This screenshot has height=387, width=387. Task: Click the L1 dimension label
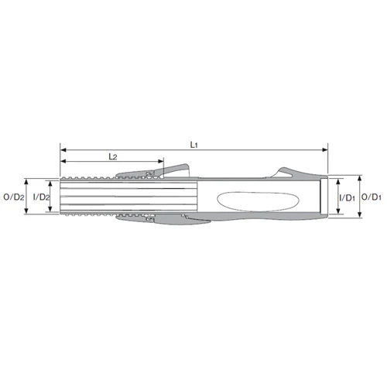tap(193, 145)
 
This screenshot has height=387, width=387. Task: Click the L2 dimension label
tap(113, 156)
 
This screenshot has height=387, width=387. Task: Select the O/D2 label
tap(14, 197)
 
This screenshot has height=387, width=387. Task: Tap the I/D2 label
tap(41, 197)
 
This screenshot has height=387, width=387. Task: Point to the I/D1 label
tap(348, 198)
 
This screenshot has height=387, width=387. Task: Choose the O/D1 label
tap(372, 197)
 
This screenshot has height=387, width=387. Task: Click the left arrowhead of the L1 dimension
tap(63, 149)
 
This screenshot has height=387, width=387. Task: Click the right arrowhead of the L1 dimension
tap(324, 149)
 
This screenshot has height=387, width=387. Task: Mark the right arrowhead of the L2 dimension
tap(160, 162)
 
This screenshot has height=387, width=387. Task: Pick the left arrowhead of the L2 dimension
tap(63, 162)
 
